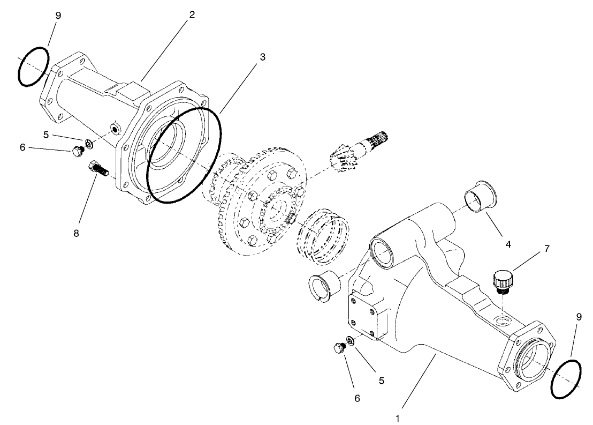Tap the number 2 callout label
(x=191, y=14)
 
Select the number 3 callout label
(x=262, y=56)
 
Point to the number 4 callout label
(x=508, y=244)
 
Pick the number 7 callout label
(x=546, y=249)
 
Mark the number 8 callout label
(x=77, y=234)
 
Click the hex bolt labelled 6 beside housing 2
(x=76, y=152)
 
